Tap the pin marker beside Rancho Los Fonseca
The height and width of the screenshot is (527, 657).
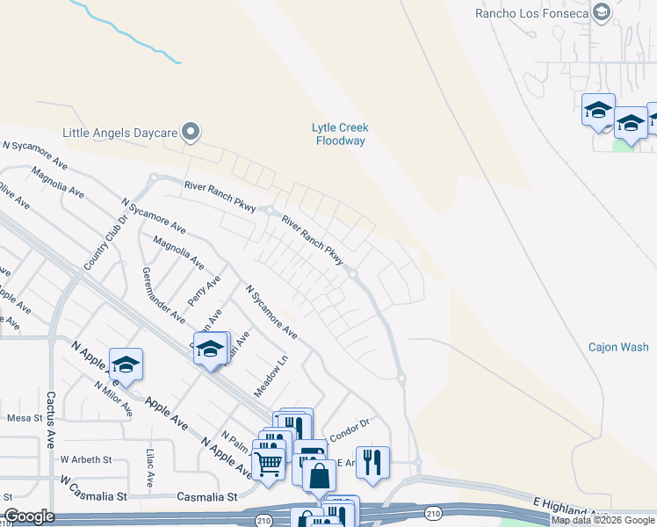click(602, 12)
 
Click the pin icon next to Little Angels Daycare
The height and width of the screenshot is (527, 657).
click(190, 133)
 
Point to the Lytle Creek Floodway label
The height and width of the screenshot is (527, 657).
click(339, 134)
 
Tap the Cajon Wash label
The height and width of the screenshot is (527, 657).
click(618, 347)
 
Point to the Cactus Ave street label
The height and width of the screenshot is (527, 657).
click(50, 420)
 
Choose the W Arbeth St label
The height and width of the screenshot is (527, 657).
click(85, 459)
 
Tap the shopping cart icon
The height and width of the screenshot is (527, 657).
click(268, 462)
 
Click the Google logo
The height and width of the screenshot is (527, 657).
click(28, 516)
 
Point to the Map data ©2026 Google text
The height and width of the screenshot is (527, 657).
click(603, 520)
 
